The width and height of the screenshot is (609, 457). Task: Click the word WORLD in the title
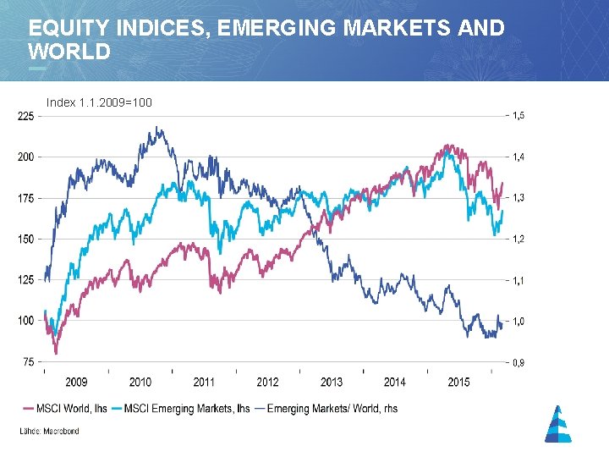click(x=69, y=52)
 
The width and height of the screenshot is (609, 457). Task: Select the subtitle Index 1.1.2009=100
click(x=99, y=102)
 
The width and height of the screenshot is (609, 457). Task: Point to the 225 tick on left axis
click(x=26, y=116)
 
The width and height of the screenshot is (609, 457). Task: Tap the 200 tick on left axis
click(x=26, y=157)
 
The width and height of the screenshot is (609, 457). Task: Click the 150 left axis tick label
click(x=26, y=239)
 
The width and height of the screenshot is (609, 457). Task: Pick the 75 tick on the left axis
click(x=29, y=361)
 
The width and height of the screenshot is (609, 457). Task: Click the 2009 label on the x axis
click(x=76, y=383)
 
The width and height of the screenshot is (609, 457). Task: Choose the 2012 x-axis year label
click(x=267, y=383)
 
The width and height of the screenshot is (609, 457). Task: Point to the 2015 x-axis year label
click(x=458, y=383)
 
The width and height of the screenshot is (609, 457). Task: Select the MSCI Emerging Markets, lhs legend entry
click(x=181, y=409)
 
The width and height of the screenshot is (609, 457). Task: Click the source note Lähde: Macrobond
click(x=50, y=432)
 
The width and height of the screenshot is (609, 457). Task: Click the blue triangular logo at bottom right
click(x=557, y=424)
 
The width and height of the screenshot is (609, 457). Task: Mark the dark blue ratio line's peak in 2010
click(x=158, y=128)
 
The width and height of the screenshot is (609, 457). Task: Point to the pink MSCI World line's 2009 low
click(x=56, y=352)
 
